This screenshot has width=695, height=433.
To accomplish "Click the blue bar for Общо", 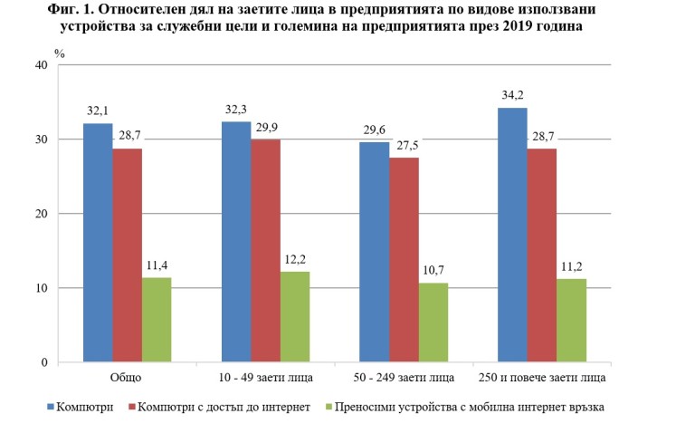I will pos(98,243).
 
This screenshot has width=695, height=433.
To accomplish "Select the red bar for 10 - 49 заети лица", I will pos(266,251).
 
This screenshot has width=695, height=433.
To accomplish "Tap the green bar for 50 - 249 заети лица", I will pos(433,322).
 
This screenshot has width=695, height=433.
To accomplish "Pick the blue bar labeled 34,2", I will pos(511,236).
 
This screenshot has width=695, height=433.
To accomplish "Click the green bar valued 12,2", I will pos(295,317).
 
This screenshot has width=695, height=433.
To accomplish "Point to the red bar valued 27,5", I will pos(405,260).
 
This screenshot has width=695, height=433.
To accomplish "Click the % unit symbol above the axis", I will pos(60,53).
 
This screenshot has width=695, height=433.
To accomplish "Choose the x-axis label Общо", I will pos(127,376).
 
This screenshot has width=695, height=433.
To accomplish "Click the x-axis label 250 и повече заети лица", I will pos(542,376).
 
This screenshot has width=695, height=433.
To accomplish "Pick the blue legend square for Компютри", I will pos(50,407).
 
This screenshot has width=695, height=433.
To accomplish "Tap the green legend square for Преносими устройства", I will pos(329,407).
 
